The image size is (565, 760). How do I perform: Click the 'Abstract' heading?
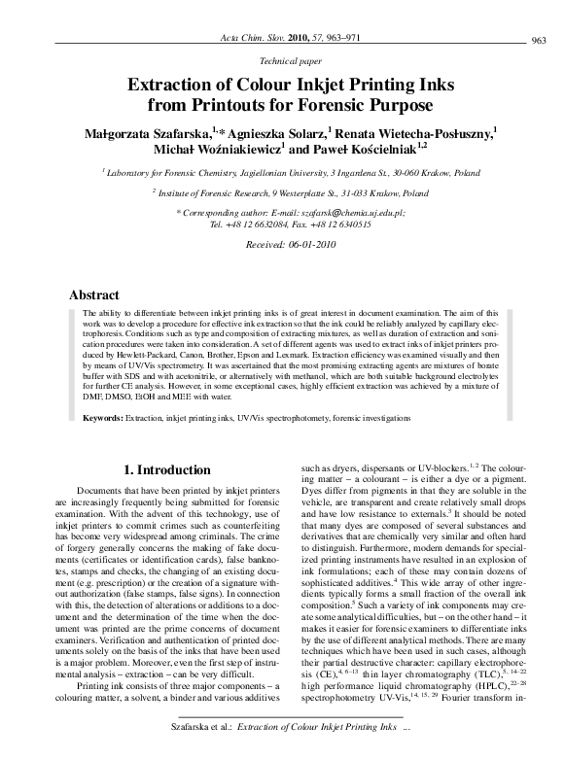(94, 294)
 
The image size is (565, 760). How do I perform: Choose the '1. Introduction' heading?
(166, 469)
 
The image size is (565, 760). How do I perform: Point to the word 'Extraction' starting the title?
(190, 82)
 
